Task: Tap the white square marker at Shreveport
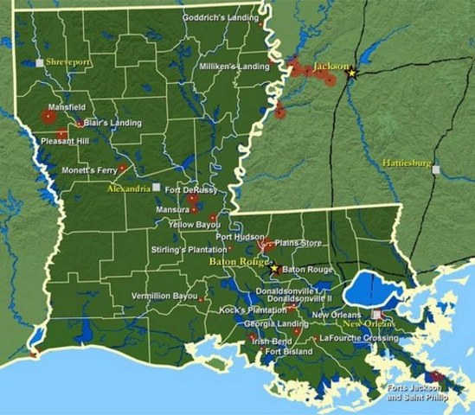tap(39, 62)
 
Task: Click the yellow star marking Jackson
tap(351, 74)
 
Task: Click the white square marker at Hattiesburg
tap(437, 170)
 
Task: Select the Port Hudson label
tap(236, 236)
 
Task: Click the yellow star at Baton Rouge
tap(274, 268)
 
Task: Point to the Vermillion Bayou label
tap(164, 297)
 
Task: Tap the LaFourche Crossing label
tap(358, 338)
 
